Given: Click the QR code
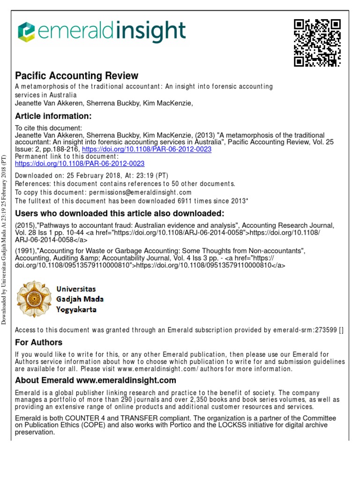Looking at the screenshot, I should tap(317, 43).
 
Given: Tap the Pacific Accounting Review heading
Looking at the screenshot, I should tap(77, 75).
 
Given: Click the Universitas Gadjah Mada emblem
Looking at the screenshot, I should tap(35, 298).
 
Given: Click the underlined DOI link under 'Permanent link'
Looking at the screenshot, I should tap(80, 164).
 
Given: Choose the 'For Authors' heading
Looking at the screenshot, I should tap(38, 342).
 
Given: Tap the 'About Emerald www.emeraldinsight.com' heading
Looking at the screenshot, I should tap(96, 380).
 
